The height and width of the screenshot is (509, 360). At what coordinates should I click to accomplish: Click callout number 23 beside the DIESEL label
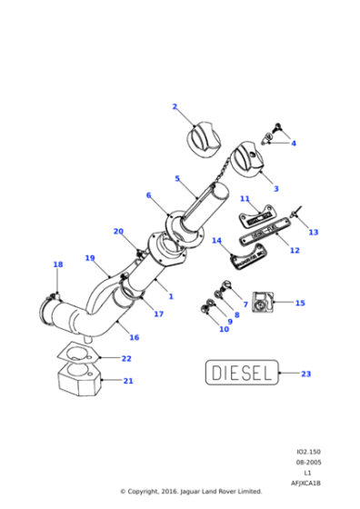click(305, 374)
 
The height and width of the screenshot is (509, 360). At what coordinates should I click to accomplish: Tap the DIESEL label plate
click(241, 373)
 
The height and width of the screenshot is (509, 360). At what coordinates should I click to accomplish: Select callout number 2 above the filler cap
click(175, 107)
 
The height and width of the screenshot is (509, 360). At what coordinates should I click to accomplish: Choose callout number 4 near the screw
click(293, 143)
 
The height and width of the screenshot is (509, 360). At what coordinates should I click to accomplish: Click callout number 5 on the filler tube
click(177, 179)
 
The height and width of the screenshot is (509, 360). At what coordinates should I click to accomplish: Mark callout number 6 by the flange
click(148, 195)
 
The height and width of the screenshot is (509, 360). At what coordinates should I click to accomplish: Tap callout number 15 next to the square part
click(300, 304)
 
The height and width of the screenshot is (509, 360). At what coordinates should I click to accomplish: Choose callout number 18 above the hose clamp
click(58, 265)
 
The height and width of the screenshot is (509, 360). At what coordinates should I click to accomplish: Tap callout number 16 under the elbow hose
click(134, 337)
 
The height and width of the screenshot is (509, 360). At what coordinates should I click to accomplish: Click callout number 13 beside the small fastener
click(314, 233)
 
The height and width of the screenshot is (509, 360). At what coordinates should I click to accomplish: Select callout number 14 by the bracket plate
click(216, 241)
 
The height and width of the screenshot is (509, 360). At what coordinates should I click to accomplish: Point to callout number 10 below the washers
click(224, 329)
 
